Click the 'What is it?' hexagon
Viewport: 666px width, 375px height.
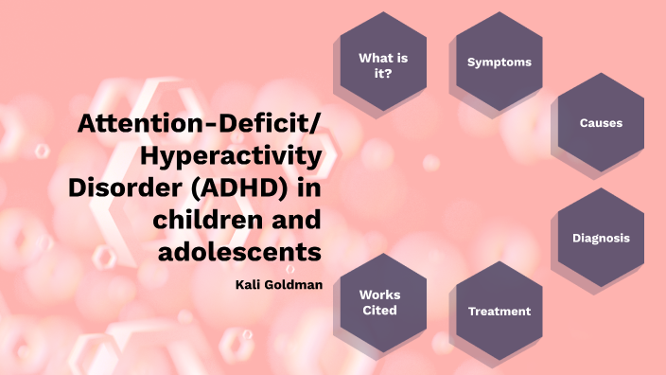pos(376,64)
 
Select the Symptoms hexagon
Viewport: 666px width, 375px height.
pos(499,62)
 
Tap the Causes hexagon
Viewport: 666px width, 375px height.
pos(600,123)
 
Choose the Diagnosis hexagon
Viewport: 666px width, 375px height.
pos(601,238)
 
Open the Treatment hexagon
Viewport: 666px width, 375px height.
pos(499,311)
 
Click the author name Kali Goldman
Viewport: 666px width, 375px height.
pos(278,283)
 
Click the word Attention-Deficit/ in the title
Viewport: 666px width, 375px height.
pos(199,123)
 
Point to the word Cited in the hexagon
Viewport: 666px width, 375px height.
pos(377,311)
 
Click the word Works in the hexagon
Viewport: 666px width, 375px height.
pos(377,295)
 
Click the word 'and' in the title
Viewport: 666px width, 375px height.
pos(289,220)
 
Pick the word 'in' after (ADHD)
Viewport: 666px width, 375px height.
pos(307,187)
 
